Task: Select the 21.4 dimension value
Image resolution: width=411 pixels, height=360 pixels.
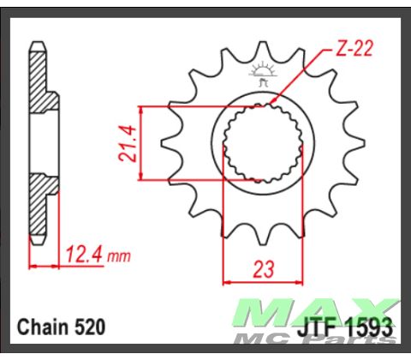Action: tap(125, 142)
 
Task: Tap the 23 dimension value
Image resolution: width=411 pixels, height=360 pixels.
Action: tap(263, 269)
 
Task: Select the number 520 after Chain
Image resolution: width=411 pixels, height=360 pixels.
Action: tap(89, 327)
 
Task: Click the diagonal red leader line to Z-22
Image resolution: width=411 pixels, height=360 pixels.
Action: tap(300, 77)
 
